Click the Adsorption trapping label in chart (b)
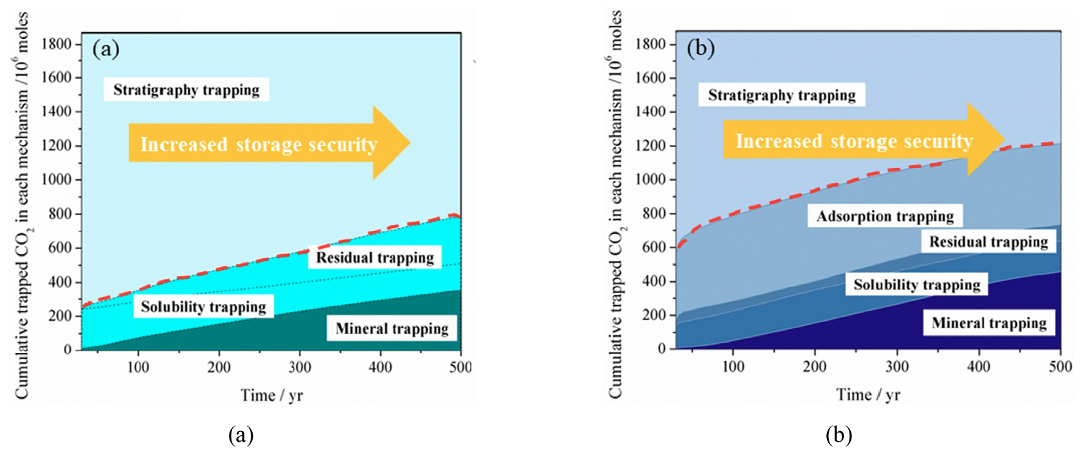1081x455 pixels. [885, 216]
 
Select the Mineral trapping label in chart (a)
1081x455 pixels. [392, 329]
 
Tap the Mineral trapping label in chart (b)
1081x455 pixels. [989, 323]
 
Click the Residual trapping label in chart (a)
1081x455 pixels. [374, 257]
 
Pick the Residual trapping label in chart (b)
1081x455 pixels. [988, 241]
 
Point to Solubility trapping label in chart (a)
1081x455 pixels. [203, 307]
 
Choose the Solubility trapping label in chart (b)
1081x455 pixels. [916, 284]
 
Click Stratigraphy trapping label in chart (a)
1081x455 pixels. [186, 90]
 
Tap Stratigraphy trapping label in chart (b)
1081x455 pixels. [781, 95]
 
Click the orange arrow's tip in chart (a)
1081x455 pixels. [409, 142]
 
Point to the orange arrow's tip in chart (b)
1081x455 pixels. [1004, 139]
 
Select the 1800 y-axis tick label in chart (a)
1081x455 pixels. [57, 44]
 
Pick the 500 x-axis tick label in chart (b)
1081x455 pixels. [1060, 367]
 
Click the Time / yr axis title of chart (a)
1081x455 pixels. [271, 395]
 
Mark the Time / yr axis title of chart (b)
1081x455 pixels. [867, 395]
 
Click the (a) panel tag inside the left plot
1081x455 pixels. [106, 50]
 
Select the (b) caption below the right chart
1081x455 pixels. [838, 435]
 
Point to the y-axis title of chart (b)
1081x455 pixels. [616, 205]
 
